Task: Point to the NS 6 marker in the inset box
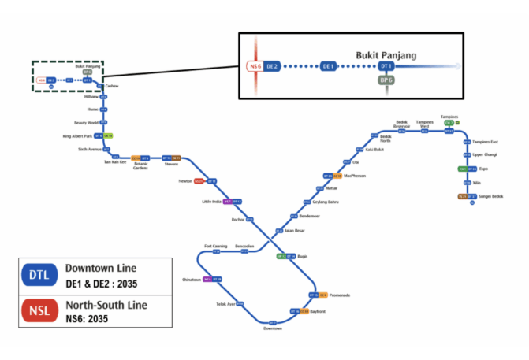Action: [255, 66]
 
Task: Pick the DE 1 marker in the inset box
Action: [330, 66]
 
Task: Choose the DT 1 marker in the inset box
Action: [386, 66]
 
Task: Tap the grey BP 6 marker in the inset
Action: [386, 80]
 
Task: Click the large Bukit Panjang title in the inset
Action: [385, 54]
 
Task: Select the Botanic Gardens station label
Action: [140, 165]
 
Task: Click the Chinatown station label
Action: [192, 279]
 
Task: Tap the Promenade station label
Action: [339, 295]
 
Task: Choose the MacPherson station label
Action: [356, 176]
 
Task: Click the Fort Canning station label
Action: [215, 246]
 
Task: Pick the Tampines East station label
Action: [486, 142]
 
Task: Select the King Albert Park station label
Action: [77, 135]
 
